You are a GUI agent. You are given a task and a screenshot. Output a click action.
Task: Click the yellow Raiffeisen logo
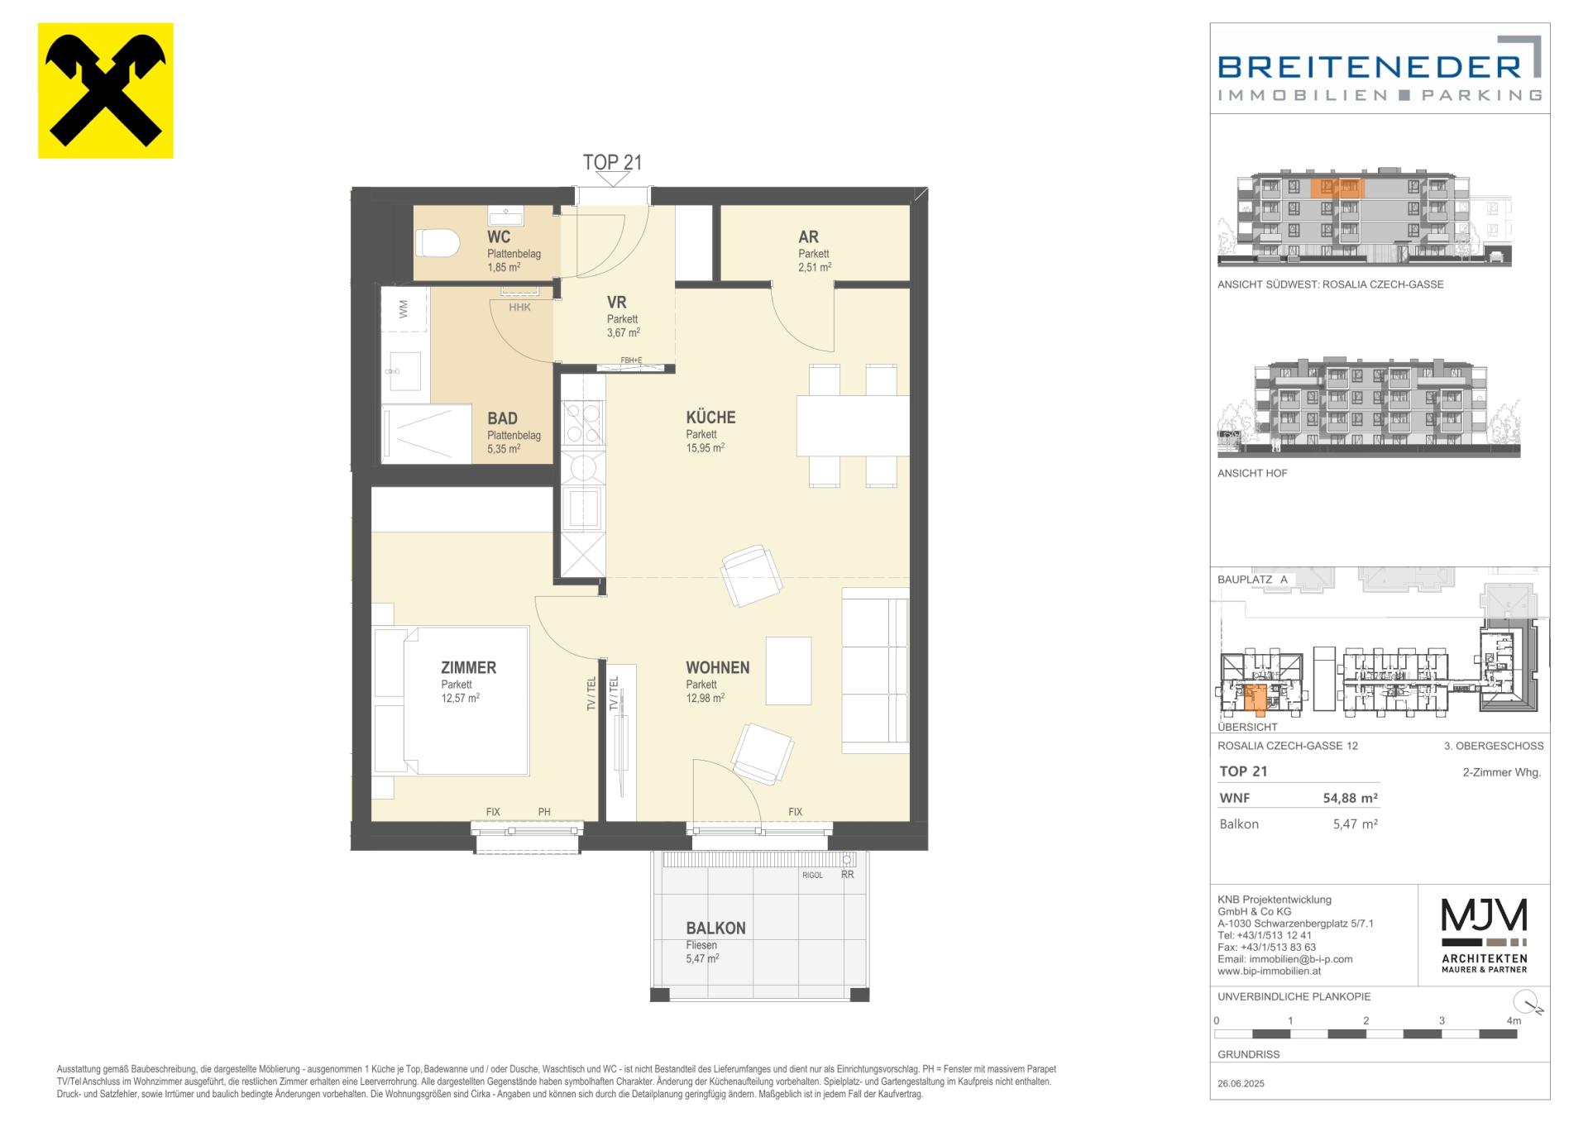[x=106, y=90]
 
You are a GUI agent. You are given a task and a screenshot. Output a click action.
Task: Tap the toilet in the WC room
[x=438, y=243]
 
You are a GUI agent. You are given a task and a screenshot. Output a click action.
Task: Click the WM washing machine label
[x=404, y=309]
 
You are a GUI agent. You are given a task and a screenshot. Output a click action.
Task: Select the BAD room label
[x=502, y=418]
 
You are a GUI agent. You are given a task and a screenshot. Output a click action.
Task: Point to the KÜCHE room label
[x=710, y=418]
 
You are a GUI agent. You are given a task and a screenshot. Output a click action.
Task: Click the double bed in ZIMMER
[x=451, y=701]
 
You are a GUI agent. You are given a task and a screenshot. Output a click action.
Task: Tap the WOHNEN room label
[x=717, y=667]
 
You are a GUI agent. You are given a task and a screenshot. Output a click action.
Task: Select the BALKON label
[x=715, y=928]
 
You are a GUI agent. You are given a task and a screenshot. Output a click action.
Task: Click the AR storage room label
[x=808, y=237]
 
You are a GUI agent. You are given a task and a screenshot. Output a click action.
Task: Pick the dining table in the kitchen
[x=853, y=426]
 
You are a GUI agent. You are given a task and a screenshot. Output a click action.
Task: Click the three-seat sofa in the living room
[x=875, y=671]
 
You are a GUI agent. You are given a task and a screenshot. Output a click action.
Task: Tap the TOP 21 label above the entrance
[x=612, y=162]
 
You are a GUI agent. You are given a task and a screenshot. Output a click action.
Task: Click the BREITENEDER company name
[x=1370, y=66]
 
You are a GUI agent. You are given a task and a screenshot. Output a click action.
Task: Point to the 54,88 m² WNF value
[x=1351, y=798]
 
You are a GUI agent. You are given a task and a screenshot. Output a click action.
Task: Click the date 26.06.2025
[x=1241, y=1083]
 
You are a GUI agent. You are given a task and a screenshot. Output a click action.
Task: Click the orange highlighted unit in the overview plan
[x=1256, y=698]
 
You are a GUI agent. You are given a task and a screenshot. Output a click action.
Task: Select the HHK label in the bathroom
[x=519, y=308]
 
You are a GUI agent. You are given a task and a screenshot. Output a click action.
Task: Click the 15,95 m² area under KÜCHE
[x=705, y=447]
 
